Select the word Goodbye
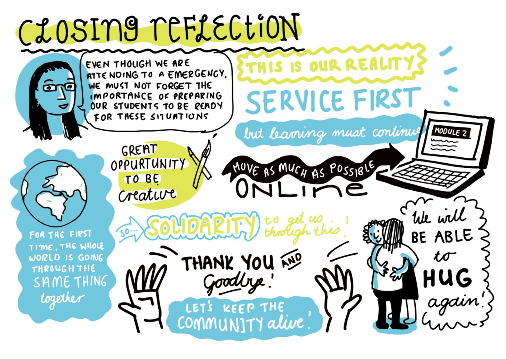point(234,284)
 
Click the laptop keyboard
point(433,176)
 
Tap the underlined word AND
point(291,260)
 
